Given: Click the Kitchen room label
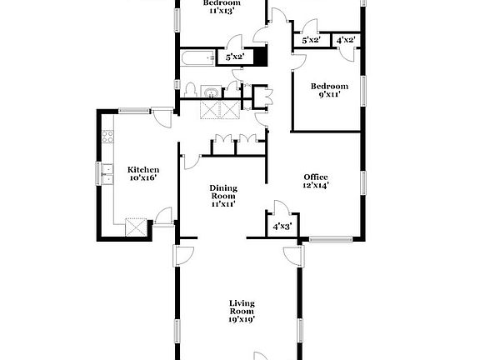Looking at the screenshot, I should click(142, 169).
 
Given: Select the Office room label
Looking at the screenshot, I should click(316, 176).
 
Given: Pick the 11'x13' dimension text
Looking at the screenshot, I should click(222, 12).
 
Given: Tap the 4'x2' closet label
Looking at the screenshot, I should click(346, 40).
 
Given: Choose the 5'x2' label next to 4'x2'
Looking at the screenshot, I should click(312, 40).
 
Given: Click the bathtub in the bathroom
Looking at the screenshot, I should click(197, 57).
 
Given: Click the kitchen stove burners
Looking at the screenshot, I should click(107, 137).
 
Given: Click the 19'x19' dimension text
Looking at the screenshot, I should click(242, 318).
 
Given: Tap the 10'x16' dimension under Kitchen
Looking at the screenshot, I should click(142, 178).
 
